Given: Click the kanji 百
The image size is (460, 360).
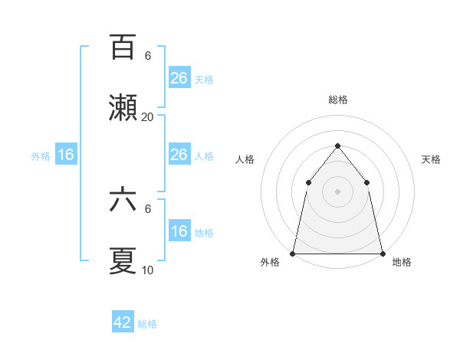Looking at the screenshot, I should coord(123,48).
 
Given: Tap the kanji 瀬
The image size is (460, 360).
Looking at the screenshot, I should coord(123,107).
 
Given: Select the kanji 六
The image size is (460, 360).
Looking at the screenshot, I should coord(123,201).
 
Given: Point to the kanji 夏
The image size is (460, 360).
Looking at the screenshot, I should coord(123,260).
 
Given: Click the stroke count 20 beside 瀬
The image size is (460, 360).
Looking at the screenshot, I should coord(147,117).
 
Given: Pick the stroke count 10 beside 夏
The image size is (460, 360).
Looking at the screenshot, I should coord(147,270).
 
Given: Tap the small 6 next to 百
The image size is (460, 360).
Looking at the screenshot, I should coord(147,56).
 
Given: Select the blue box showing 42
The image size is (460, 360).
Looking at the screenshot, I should coord(123,322).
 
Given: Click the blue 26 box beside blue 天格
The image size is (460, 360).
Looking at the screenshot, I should coord(179,78).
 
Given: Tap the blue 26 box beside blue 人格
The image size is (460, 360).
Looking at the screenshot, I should coord(179,155).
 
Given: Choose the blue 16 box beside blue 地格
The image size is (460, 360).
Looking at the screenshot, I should coord(179,231).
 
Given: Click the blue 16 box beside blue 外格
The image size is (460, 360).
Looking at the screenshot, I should coord(66,155).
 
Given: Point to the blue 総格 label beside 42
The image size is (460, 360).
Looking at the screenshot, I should coord(147,324).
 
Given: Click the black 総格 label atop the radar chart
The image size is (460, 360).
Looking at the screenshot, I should coord(338,100).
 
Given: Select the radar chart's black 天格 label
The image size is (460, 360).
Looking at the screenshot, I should coord(432,159).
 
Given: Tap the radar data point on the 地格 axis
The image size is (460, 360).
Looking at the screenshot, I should coord(382,253).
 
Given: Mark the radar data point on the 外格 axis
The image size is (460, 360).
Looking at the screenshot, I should coord(293,253).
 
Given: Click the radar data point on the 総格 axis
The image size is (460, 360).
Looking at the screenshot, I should coord(337,146).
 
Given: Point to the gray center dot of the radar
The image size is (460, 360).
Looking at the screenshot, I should coord(337,191).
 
